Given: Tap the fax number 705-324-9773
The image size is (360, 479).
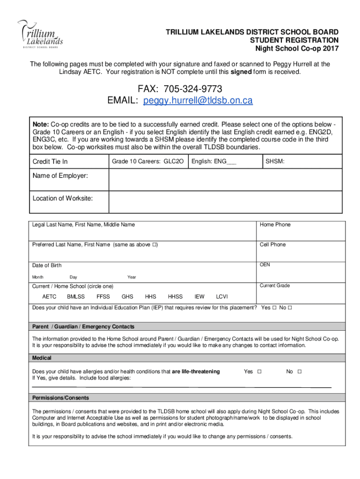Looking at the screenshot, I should pos(180,89).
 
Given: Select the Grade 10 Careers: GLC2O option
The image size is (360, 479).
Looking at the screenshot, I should pos(148,161).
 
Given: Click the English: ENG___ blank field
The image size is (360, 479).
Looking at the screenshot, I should pos(225,161).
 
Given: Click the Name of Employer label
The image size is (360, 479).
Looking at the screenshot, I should pos(60,176).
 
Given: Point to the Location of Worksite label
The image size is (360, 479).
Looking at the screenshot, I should pos(62,198).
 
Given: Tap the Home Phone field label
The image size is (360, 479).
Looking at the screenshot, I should pos(275,225).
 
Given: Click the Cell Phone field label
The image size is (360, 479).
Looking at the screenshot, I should pos(273,245).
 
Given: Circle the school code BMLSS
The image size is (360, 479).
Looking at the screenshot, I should pos(76,297).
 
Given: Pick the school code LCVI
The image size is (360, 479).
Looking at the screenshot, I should pos(222,297).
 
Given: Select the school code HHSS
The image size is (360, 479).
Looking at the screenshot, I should pos(175,297).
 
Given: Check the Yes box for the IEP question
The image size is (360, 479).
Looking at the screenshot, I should pos(274,308).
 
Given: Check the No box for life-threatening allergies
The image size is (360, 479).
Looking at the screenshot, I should pos(300,371).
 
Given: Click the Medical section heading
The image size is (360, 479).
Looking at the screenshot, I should pos(42,358).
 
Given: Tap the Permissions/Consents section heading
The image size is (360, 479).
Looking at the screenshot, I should pos(60,398).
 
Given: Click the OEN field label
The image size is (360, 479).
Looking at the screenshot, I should pos(265,265).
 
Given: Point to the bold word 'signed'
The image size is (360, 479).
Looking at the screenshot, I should pos(241,72).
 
